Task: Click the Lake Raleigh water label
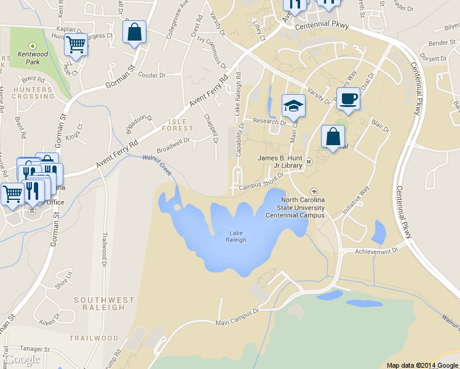(x=237, y=236)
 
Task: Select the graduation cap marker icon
(x=293, y=106)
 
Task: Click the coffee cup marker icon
(x=349, y=99)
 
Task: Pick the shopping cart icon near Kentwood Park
(x=76, y=44)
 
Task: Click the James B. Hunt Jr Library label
(x=280, y=161)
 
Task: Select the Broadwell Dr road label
(x=173, y=145)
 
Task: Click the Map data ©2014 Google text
(x=422, y=365)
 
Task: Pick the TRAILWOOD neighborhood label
(x=93, y=338)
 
